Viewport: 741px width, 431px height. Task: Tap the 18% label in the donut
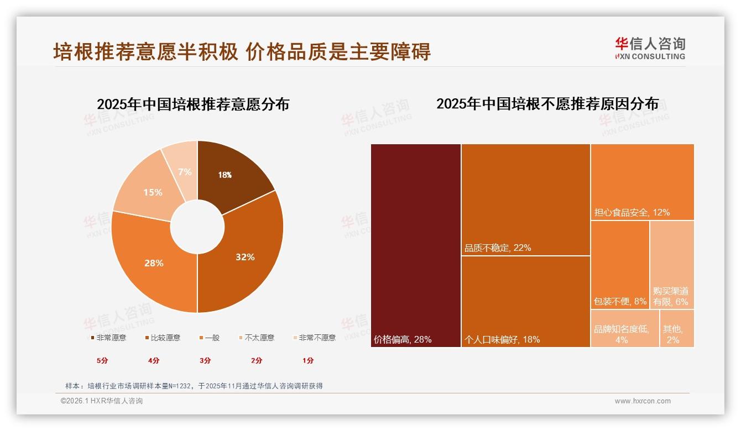(x=225, y=175)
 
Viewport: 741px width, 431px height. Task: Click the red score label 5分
(x=102, y=360)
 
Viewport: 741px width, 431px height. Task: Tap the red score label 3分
(x=205, y=360)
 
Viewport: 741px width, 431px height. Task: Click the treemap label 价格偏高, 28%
(x=403, y=339)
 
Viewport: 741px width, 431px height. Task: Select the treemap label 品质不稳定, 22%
(x=498, y=248)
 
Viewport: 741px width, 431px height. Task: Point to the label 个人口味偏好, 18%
(x=502, y=339)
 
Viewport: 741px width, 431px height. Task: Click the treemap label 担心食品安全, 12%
(x=632, y=212)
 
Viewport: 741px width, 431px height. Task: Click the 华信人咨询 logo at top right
(x=650, y=48)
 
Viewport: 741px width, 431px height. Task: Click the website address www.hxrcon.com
(x=643, y=401)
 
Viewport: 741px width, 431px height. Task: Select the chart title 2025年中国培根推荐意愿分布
(x=193, y=104)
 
